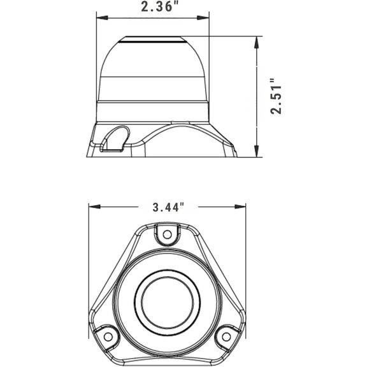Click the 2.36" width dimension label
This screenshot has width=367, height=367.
[x=160, y=7]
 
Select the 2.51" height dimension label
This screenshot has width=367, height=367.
[x=276, y=96]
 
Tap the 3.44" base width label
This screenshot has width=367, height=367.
[x=168, y=207]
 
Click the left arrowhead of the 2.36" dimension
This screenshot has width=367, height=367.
[x=102, y=18]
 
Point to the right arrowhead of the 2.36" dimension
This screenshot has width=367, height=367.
[x=203, y=18]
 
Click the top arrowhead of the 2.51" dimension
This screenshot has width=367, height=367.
[x=257, y=42]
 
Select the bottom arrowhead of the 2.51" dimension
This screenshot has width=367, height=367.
[x=257, y=151]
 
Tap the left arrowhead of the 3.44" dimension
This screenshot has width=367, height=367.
[x=94, y=206]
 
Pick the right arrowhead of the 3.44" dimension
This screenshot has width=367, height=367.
[x=240, y=206]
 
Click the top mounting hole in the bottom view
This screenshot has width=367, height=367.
[x=167, y=234]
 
